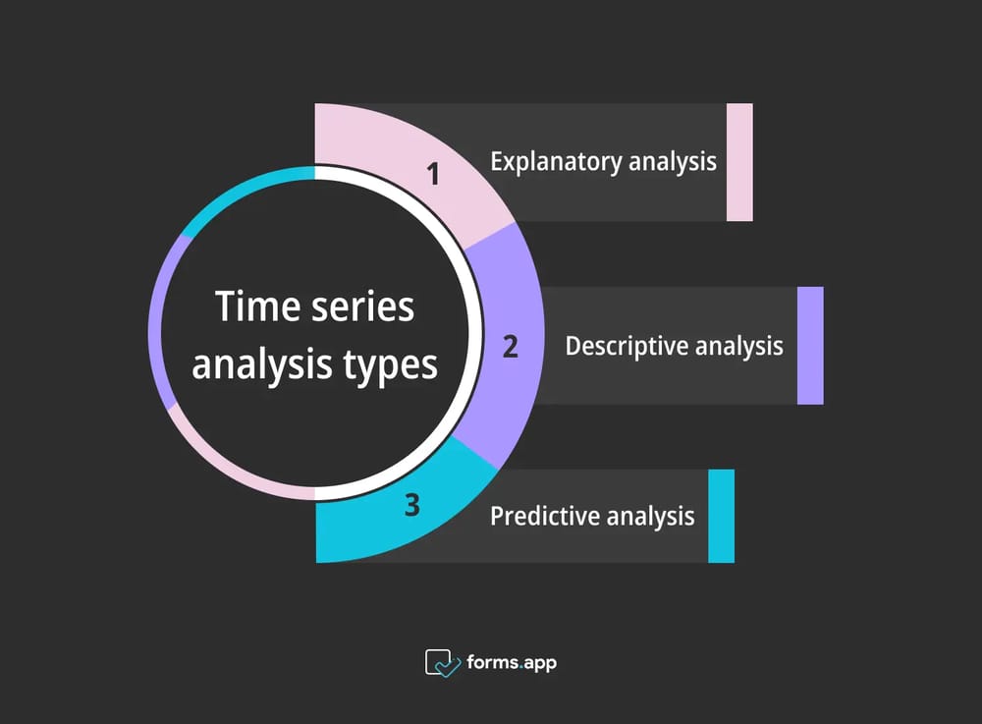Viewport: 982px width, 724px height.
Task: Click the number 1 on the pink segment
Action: coord(434,175)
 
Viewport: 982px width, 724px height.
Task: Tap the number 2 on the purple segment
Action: coord(510,347)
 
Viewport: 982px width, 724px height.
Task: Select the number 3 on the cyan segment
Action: coord(411,506)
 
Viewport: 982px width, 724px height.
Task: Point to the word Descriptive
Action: coord(627,346)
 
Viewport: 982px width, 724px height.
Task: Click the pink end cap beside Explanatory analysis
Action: coord(739,162)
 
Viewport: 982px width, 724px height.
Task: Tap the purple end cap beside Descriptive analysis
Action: coord(810,346)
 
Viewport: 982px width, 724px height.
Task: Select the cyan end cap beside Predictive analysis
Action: coord(721,516)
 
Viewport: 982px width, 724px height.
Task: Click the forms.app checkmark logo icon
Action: coord(443,663)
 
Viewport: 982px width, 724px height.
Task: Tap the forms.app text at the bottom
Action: coord(513,663)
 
